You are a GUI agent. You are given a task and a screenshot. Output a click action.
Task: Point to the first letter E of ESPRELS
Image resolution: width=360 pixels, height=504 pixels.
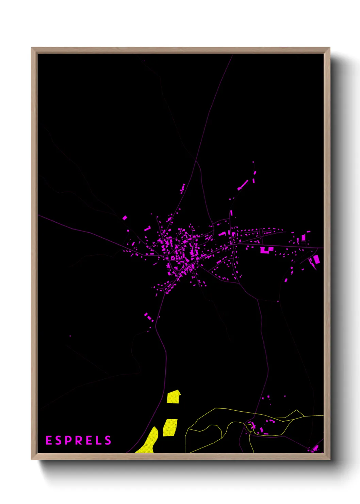pyautogui.click(x=49, y=440)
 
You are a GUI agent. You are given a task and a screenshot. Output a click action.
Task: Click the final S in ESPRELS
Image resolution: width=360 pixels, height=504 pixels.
pyautogui.click(x=108, y=440)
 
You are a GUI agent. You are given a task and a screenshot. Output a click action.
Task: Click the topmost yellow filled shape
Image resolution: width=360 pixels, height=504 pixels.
pyautogui.click(x=174, y=397)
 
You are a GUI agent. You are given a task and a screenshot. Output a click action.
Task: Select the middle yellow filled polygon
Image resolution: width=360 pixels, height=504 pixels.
pyautogui.click(x=170, y=427)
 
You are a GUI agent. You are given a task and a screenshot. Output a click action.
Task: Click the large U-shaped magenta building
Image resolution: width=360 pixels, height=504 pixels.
pyautogui.click(x=266, y=251)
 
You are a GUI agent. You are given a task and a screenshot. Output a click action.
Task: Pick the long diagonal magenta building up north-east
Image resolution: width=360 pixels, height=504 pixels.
pyautogui.click(x=243, y=185)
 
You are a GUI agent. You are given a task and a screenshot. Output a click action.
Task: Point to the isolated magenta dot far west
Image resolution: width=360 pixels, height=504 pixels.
pyautogui.click(x=70, y=336)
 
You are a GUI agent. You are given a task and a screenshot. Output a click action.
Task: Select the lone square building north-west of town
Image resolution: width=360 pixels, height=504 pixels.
pyautogui.click(x=125, y=218)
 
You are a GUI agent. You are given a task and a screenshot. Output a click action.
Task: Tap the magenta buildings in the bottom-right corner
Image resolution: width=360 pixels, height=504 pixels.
pyautogui.click(x=315, y=449)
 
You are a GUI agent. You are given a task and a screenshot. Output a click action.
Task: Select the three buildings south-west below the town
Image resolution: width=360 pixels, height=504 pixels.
pyautogui.click(x=149, y=317)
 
